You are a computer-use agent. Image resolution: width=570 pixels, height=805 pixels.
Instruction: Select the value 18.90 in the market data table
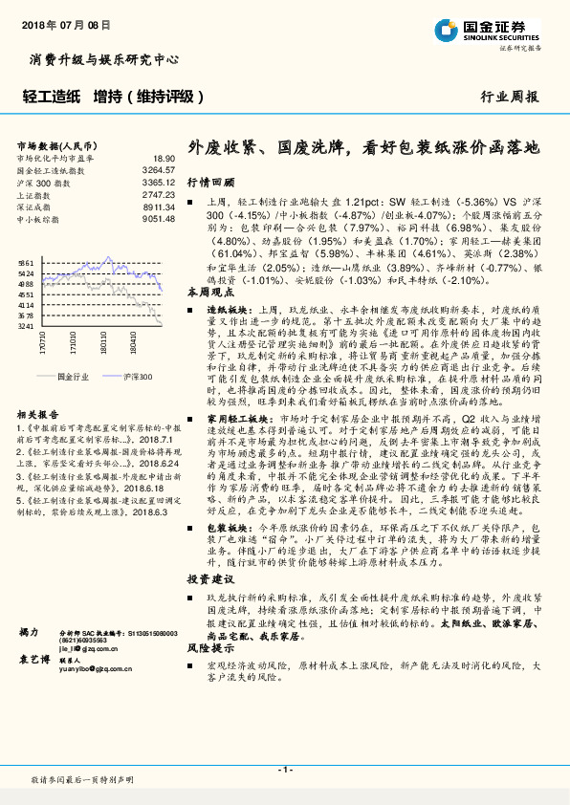(164, 159)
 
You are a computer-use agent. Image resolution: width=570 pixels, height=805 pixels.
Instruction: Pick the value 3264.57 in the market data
(159, 170)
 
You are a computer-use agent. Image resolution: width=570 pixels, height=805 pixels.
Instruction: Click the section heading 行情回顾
(204, 181)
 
